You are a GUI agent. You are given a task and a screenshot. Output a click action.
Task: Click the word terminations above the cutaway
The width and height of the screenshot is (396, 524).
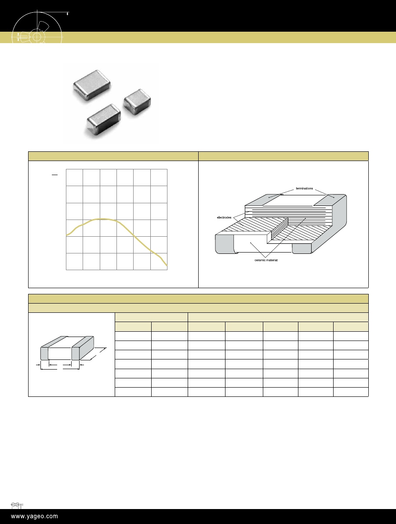(305, 188)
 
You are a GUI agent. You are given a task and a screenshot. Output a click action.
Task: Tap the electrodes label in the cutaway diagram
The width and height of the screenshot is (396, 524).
(224, 217)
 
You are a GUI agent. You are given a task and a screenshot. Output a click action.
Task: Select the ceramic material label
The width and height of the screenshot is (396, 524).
(266, 260)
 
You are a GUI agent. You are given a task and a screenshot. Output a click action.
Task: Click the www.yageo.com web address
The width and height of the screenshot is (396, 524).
(34, 517)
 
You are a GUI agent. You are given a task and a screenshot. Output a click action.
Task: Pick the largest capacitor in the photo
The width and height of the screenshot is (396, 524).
(92, 85)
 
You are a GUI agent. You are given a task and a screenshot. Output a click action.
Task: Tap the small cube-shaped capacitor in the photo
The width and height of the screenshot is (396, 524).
(137, 102)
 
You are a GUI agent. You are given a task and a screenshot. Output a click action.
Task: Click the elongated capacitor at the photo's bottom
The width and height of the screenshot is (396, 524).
(104, 120)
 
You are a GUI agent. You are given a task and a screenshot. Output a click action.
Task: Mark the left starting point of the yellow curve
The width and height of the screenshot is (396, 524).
(66, 235)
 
